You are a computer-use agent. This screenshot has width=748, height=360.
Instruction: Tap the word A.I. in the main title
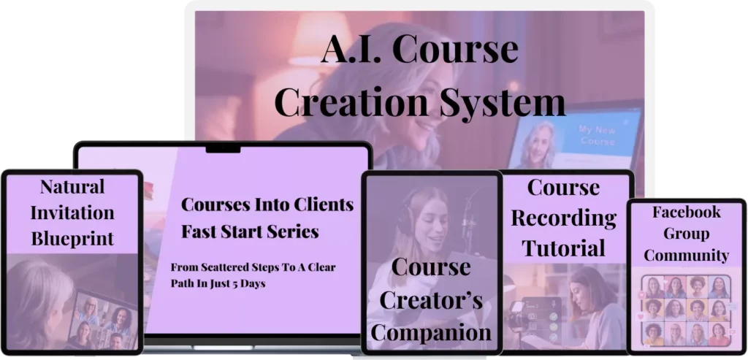coord(352,49)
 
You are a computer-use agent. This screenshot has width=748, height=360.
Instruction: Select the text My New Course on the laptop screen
coord(597,135)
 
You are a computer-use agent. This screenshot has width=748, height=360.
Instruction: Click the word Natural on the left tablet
coord(72,186)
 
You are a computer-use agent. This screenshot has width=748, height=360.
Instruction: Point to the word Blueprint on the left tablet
coord(72,238)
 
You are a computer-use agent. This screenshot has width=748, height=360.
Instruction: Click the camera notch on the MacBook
coord(223,149)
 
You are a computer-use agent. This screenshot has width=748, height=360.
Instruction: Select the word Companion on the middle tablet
coord(431,333)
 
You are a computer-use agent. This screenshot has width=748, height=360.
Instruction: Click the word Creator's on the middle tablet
coord(431,300)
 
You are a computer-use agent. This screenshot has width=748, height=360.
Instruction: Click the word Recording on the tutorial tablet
coord(564,218)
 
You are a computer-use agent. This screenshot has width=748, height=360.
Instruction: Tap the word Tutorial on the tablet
coord(564,248)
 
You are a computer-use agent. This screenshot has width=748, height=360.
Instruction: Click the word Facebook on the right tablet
coord(687,212)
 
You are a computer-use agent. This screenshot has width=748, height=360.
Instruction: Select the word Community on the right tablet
coord(687,255)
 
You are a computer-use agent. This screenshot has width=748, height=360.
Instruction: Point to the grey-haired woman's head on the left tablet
coord(36,291)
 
